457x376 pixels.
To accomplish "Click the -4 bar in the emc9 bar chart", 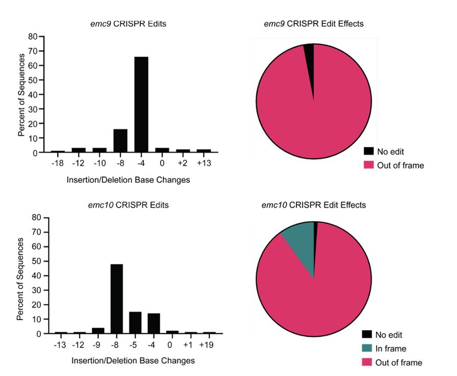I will pyautogui.click(x=141, y=104).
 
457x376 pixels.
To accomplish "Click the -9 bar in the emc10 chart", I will pyautogui.click(x=98, y=331).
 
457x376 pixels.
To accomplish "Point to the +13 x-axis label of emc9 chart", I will pyautogui.click(x=204, y=163).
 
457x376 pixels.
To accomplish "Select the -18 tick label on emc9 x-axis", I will pyautogui.click(x=58, y=163).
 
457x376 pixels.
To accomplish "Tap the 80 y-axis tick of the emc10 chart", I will pyautogui.click(x=36, y=218).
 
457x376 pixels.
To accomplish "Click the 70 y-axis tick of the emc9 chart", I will pyautogui.click(x=33, y=51).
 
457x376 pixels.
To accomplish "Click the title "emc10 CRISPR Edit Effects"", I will pyautogui.click(x=313, y=205).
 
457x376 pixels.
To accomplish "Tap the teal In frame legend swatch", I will pyautogui.click(x=367, y=348).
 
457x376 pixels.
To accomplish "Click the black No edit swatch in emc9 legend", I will pyautogui.click(x=369, y=151).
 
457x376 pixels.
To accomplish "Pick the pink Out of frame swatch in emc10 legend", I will pyautogui.click(x=367, y=362).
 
